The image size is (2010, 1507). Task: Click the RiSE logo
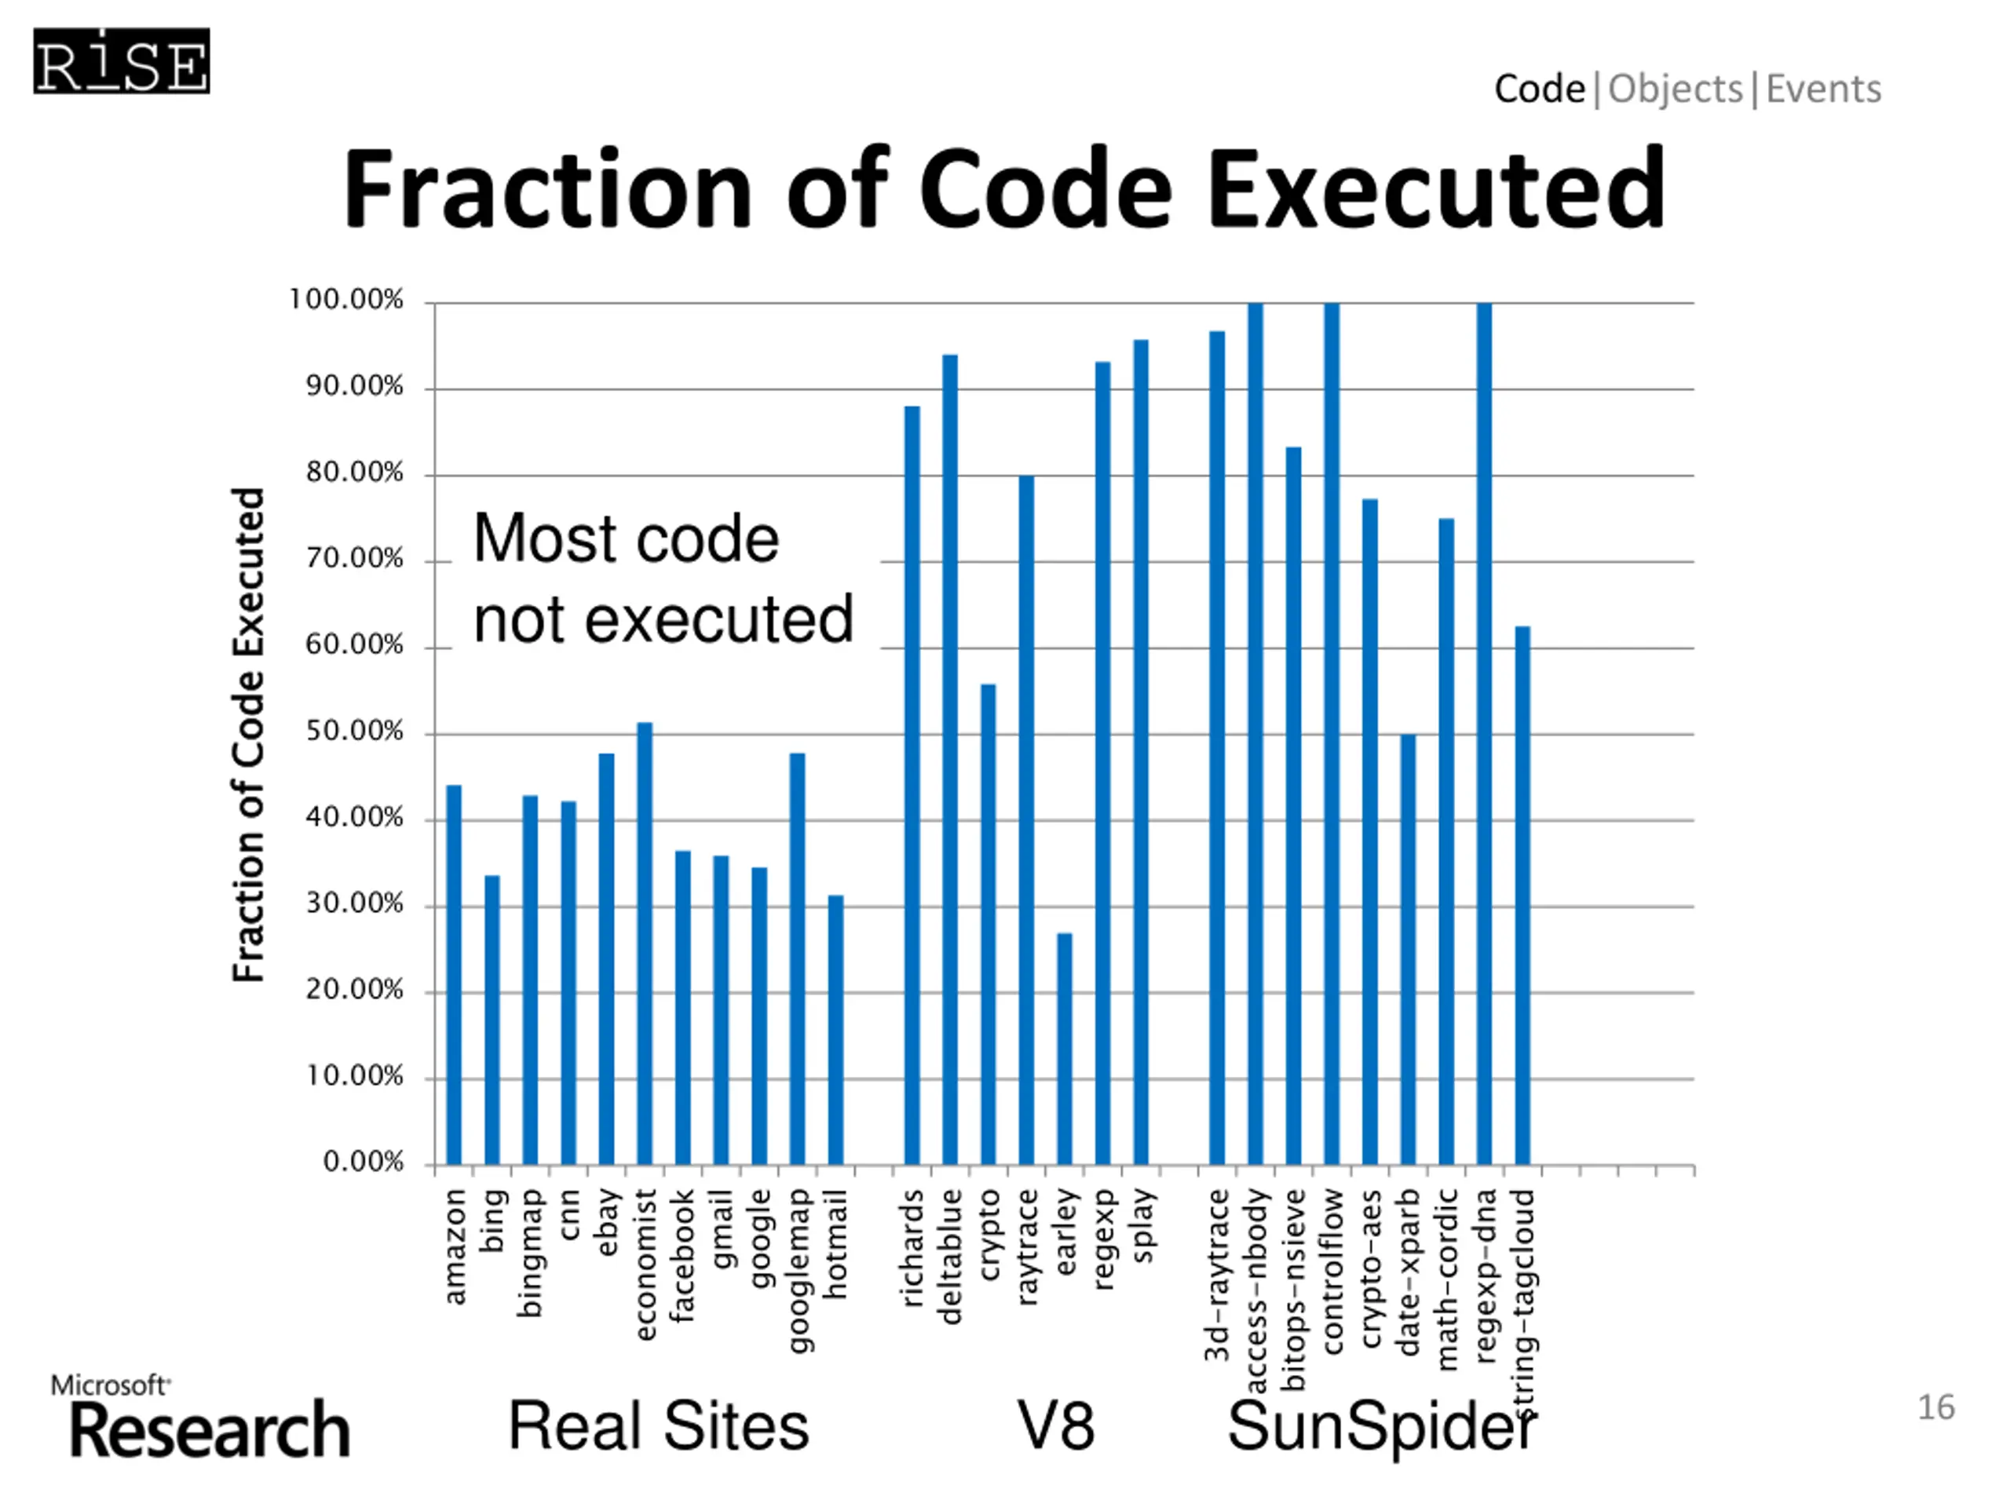pyautogui.click(x=122, y=62)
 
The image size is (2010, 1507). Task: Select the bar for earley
pyautogui.click(x=1064, y=1049)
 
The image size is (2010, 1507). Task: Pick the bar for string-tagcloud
pyautogui.click(x=1522, y=895)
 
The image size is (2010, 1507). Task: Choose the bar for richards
pyautogui.click(x=912, y=785)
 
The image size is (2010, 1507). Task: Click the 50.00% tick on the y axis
pyautogui.click(x=354, y=732)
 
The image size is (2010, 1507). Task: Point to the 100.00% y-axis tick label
pyautogui.click(x=345, y=300)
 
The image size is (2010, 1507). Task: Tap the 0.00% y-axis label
pyautogui.click(x=363, y=1162)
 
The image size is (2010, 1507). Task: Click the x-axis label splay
pyautogui.click(x=1142, y=1225)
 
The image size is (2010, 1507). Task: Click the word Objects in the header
pyautogui.click(x=1675, y=89)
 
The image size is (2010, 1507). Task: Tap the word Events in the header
pyautogui.click(x=1823, y=89)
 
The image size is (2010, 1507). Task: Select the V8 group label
pyautogui.click(x=1055, y=1425)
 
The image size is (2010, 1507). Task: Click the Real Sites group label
pyautogui.click(x=658, y=1425)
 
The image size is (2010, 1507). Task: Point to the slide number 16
pyautogui.click(x=1935, y=1407)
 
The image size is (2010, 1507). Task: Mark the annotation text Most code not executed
pyautogui.click(x=663, y=578)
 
